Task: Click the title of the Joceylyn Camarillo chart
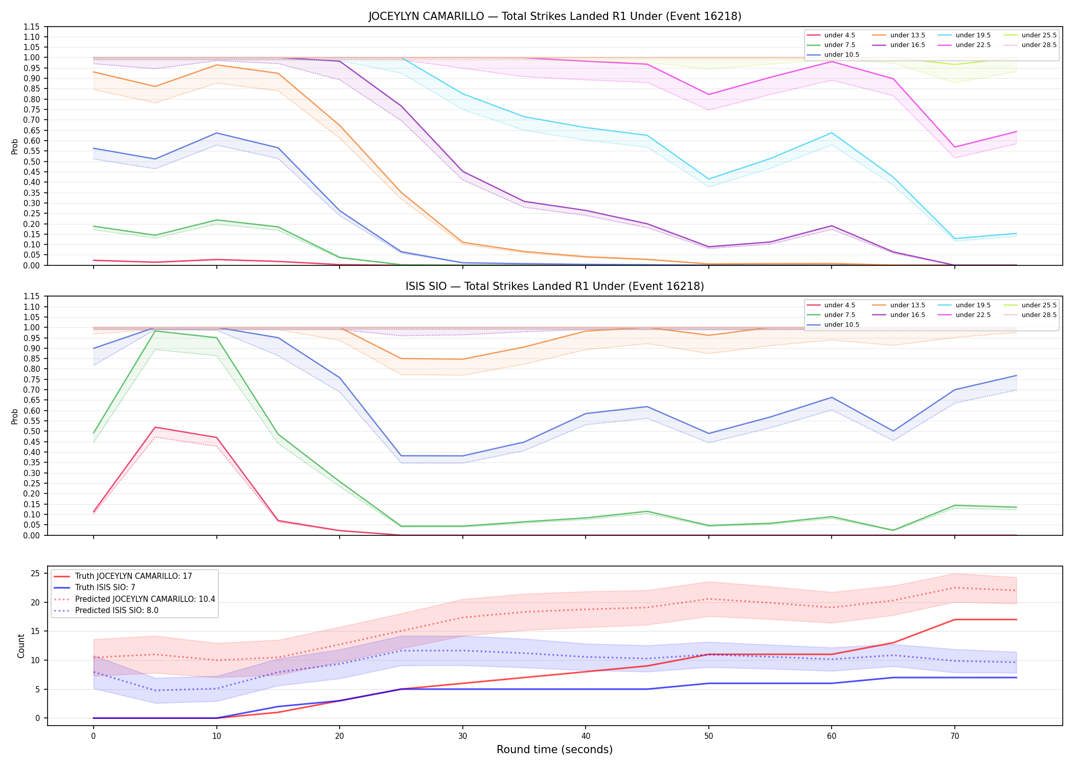pos(555,16)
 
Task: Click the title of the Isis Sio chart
pos(555,286)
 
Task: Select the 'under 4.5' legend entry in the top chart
pos(831,35)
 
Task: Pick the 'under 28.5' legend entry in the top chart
pos(1029,45)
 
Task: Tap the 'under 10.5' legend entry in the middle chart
pos(833,325)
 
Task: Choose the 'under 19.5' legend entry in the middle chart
pos(964,305)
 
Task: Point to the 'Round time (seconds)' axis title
pos(555,750)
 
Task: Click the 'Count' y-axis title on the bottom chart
pos(21,646)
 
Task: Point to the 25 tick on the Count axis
pos(36,573)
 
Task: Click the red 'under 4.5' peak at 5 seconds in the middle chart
pos(155,427)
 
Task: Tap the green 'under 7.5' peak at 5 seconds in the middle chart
pos(155,331)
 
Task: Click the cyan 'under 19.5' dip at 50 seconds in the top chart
pos(709,179)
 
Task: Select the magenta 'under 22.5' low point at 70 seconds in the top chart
pos(955,147)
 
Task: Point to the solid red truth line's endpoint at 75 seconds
pos(1016,620)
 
